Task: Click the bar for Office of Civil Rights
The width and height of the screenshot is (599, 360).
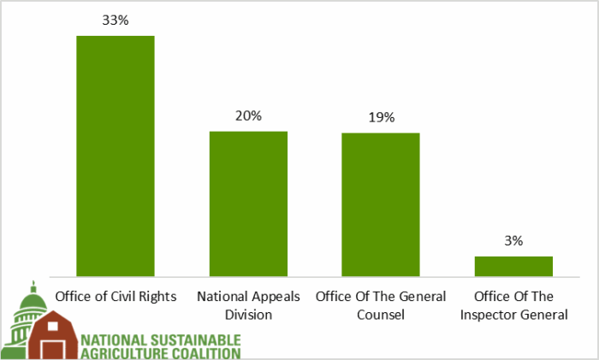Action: coord(116,156)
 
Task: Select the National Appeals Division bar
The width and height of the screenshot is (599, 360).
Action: coord(249,204)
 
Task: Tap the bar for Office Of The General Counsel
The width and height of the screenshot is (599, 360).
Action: coord(381,204)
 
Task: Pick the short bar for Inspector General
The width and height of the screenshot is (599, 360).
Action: coord(513,266)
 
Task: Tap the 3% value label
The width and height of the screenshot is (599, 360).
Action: coord(513,241)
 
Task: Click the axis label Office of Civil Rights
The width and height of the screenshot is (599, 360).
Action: coord(116,297)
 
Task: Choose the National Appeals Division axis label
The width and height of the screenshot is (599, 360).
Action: coord(248,305)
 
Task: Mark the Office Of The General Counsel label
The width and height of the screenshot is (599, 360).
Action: coord(381,305)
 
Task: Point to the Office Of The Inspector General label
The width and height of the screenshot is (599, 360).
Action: coord(513,305)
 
